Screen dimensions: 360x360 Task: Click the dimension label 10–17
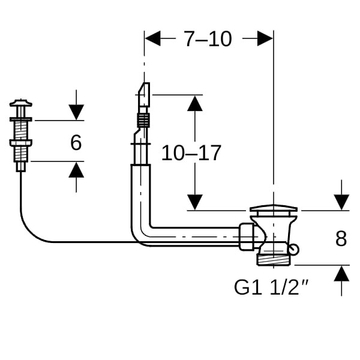tap(191, 153)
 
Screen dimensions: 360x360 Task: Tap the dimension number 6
tap(76, 143)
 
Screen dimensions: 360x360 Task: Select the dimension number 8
tap(341, 238)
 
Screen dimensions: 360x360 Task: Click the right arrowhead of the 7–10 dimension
tap(265, 39)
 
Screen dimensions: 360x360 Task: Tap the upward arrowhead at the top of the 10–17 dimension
tap(194, 103)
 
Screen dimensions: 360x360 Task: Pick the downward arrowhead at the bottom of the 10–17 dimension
tap(194, 202)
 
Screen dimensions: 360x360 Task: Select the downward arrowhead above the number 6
tap(76, 112)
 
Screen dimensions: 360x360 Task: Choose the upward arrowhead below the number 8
tap(341, 273)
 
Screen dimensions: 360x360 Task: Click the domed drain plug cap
tap(273, 209)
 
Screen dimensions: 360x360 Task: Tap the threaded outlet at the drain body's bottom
tap(273, 259)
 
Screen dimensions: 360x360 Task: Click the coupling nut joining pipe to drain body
tap(246, 236)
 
